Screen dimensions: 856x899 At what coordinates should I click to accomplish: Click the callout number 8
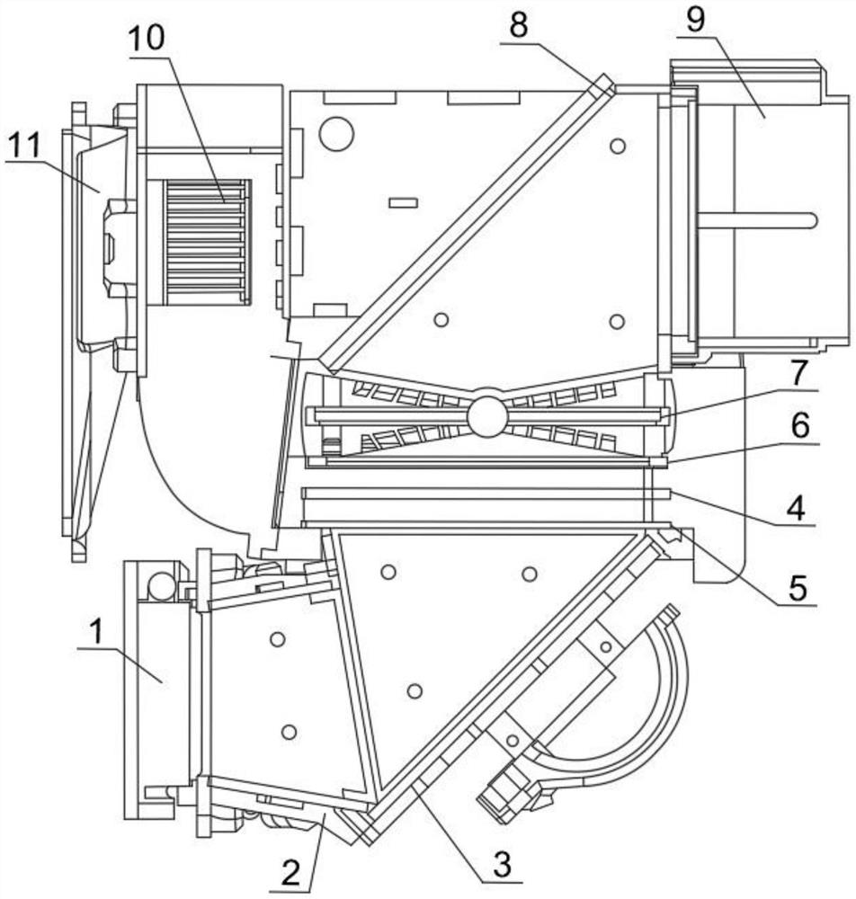pos(518,25)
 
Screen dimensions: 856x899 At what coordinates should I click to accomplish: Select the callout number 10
pos(147,39)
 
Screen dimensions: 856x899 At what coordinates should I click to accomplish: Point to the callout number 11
pos(23,146)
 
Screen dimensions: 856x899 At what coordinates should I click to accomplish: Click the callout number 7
pos(799,373)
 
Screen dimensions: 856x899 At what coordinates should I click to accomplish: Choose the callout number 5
pos(798,587)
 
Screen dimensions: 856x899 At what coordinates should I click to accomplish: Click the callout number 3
pos(503,864)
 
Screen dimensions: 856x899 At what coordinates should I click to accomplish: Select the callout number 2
pos(291,874)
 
